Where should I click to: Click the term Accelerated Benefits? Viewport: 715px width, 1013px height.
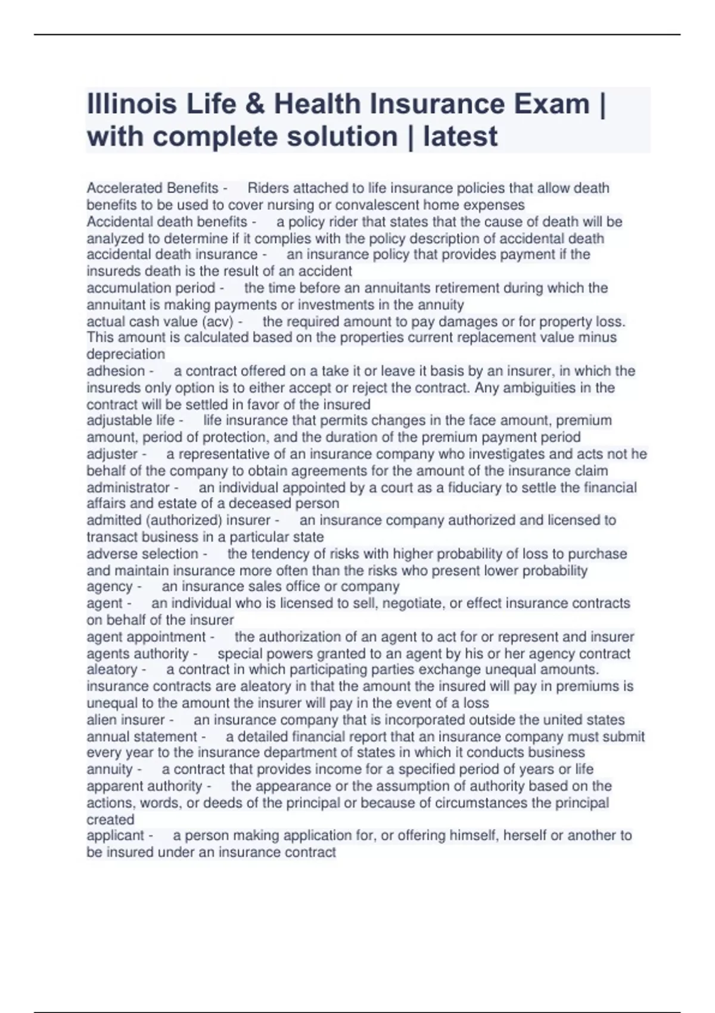(153, 188)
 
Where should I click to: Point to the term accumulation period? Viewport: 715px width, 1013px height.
(151, 288)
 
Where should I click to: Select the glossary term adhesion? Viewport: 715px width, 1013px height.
(116, 371)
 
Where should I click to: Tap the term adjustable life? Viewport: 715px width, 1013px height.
(130, 421)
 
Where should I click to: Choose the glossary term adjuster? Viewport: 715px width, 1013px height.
(112, 454)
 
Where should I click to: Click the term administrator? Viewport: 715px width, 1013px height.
(128, 488)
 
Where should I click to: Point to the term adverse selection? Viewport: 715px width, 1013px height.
(142, 554)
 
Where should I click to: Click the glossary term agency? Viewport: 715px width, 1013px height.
(110, 587)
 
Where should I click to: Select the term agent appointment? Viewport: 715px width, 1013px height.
(146, 637)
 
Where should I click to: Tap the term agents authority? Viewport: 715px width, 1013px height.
(138, 654)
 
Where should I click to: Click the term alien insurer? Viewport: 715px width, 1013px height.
(126, 720)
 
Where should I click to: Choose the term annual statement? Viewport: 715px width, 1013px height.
(142, 737)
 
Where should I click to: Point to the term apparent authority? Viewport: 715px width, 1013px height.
(144, 787)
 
